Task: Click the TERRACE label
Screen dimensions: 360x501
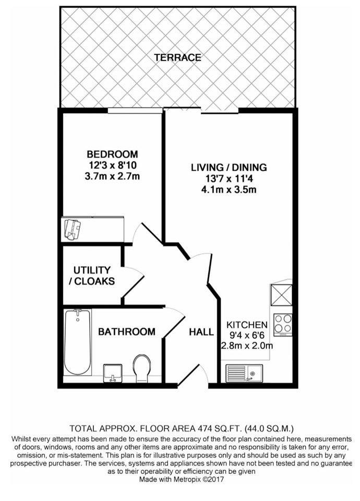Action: point(177,57)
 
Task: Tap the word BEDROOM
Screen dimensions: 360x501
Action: point(113,154)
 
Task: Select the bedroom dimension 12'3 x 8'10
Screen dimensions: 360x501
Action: point(113,165)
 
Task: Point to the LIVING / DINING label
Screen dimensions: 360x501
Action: point(229,168)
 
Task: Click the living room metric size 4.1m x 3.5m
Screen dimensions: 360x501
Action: point(229,189)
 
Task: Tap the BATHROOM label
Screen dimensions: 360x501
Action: point(126,332)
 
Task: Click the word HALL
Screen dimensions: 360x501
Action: point(201,332)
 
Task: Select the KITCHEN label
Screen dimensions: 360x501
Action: point(247,325)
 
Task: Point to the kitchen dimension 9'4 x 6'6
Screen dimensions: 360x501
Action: point(247,335)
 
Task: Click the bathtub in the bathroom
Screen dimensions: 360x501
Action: point(78,342)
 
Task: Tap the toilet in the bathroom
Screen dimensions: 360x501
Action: point(142,368)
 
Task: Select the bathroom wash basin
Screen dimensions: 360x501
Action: point(113,373)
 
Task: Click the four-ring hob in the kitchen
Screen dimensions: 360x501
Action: point(283,324)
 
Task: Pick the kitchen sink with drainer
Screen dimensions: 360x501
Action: point(244,373)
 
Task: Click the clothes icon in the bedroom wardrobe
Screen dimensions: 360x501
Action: point(73,229)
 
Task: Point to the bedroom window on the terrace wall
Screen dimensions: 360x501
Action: point(135,111)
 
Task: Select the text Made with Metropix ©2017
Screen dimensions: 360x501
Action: point(182,480)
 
